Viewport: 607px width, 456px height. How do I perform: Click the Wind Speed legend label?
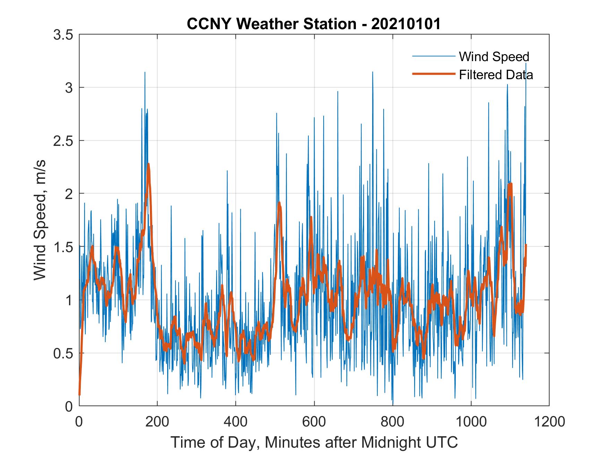point(494,57)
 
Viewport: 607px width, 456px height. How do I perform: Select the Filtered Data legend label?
point(496,74)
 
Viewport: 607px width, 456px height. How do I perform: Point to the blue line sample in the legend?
point(433,56)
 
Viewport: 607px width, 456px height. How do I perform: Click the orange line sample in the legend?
point(433,74)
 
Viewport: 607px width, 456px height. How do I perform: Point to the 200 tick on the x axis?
point(157,422)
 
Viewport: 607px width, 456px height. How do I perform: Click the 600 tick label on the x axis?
point(314,422)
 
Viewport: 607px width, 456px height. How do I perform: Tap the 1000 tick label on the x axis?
point(471,422)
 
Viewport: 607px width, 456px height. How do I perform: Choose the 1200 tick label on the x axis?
point(549,422)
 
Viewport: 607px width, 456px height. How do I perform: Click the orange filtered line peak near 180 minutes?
point(148,164)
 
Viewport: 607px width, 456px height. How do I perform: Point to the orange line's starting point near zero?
point(80,394)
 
